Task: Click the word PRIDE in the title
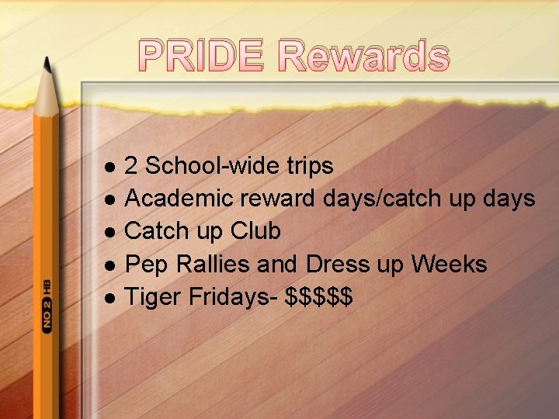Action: point(203,57)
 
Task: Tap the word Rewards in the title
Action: point(363,57)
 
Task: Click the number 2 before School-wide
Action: point(132,166)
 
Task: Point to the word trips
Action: point(310,166)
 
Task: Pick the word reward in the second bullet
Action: point(277,199)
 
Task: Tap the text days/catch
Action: point(382,199)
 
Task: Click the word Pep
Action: point(148,265)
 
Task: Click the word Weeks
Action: point(449,264)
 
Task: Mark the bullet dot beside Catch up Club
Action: point(109,232)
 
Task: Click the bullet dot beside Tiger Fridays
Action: point(109,298)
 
